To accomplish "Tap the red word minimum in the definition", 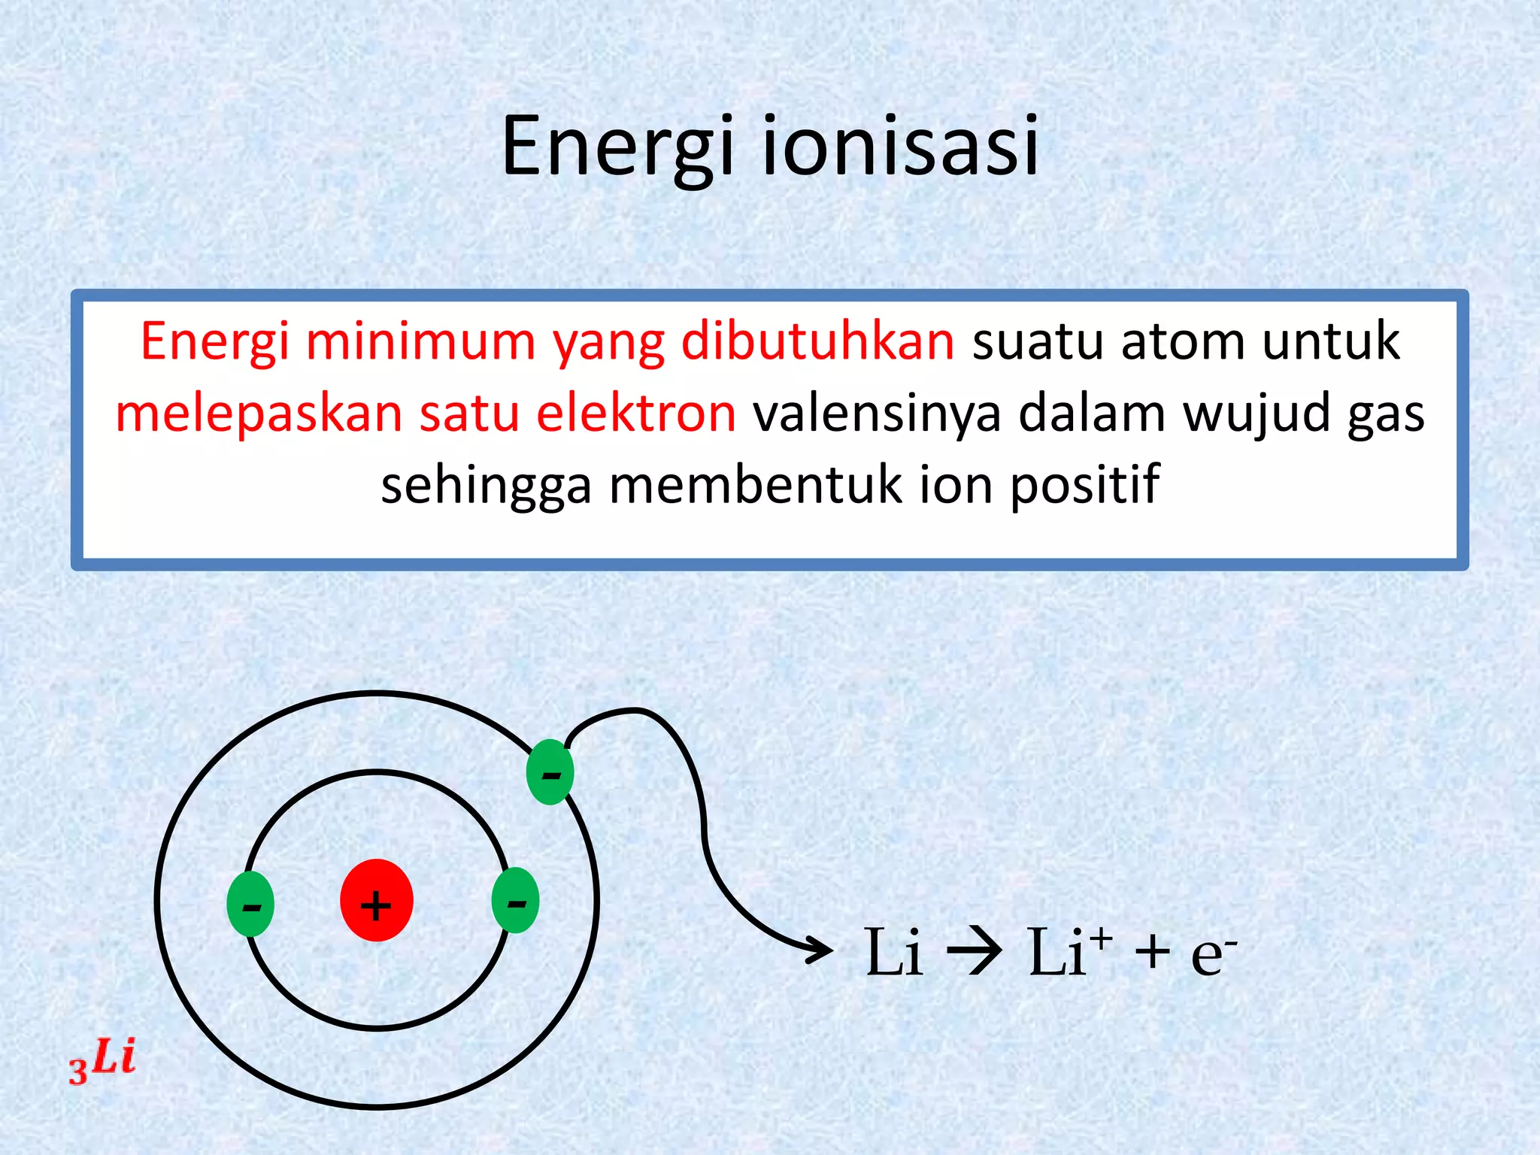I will [420, 341].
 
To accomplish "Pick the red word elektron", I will [636, 414].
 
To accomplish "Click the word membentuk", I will [756, 485].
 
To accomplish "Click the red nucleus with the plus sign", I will [376, 901].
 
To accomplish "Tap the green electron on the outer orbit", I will [550, 772].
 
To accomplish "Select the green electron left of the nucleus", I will [250, 904].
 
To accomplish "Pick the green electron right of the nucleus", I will [516, 901].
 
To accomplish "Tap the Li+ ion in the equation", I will [1068, 952].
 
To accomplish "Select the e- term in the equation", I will [1212, 953].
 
